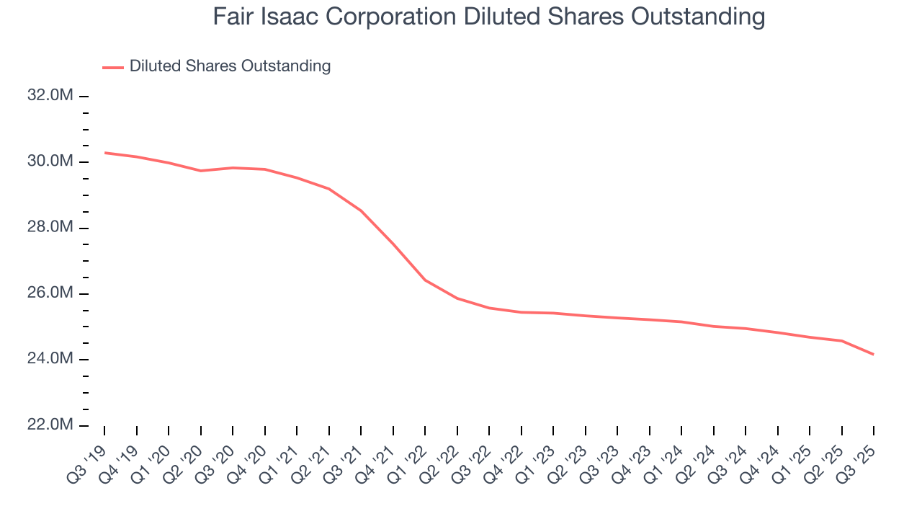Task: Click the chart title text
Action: point(488,17)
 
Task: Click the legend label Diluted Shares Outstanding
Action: point(230,66)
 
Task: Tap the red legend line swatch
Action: point(113,67)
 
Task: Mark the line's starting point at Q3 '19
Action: point(104,153)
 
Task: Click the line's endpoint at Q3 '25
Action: point(874,354)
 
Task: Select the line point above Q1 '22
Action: point(425,280)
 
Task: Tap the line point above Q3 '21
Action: point(361,211)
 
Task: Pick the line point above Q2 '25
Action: point(841,341)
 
